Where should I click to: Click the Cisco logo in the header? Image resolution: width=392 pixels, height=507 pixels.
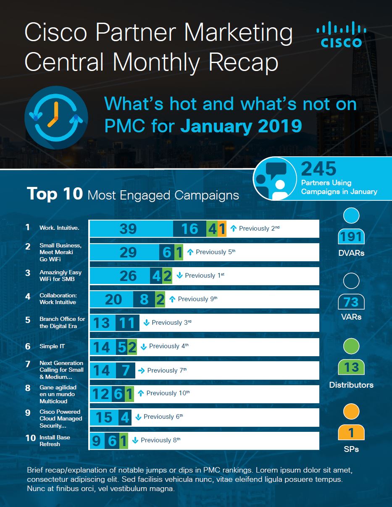point(341,36)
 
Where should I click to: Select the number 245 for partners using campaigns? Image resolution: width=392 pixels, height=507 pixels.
point(319,169)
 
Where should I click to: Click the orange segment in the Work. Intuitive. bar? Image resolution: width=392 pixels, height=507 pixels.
point(222,229)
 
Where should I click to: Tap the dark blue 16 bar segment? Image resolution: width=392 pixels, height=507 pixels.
point(189,229)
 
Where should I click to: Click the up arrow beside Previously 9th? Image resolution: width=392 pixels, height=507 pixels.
point(172,299)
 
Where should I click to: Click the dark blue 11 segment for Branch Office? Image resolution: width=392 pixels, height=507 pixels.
point(127,323)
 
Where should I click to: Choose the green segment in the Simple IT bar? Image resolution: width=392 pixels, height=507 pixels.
point(132,347)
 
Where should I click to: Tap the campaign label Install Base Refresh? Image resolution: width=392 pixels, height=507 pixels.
point(55,441)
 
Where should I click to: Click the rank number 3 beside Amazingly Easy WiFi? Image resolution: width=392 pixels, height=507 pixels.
point(28,273)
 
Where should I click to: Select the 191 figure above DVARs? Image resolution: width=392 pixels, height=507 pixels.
point(351,236)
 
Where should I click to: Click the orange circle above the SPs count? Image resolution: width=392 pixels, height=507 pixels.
point(351,412)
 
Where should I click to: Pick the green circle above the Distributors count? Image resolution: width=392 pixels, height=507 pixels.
point(351,347)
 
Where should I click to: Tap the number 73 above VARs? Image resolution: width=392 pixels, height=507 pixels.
point(351,302)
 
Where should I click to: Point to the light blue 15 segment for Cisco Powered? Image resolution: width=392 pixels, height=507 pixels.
point(104,417)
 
